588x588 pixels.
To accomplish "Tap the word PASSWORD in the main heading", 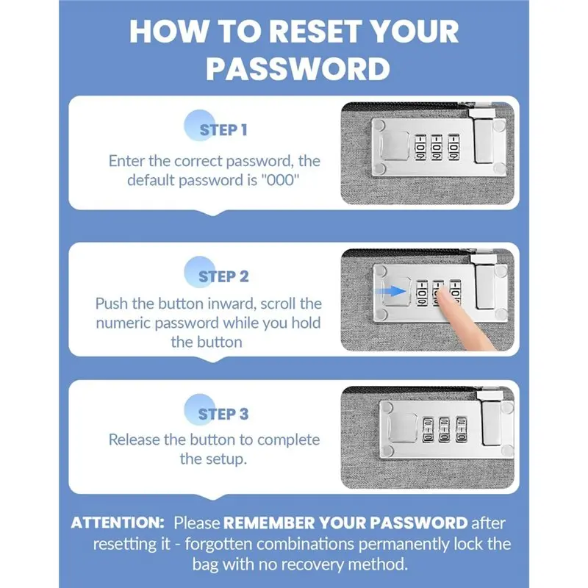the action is [x=298, y=69].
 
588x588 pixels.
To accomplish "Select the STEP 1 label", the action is [x=223, y=130].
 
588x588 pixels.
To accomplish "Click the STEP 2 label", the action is [x=223, y=277].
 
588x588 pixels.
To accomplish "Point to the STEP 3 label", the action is [x=223, y=415].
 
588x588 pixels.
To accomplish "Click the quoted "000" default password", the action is [x=279, y=180].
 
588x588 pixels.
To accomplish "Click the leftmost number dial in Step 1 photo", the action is [x=420, y=148].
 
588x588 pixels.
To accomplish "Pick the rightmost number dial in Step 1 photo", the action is [x=453, y=148].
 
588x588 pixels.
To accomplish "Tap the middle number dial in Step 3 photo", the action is [x=445, y=429].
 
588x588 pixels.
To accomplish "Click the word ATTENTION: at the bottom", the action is [x=118, y=523].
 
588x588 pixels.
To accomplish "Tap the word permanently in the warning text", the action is [x=404, y=544].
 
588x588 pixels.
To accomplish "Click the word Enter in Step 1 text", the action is [x=126, y=161].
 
